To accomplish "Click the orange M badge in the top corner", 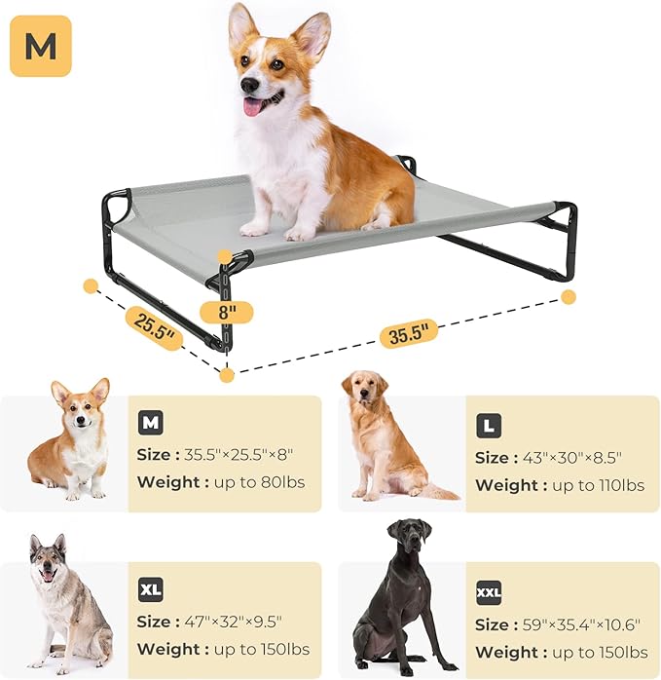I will [40, 46].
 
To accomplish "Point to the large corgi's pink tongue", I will [252, 106].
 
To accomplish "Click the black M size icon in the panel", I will [150, 423].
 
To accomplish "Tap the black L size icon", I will [489, 426].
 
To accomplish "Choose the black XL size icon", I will [150, 590].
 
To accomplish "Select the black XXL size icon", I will [489, 592].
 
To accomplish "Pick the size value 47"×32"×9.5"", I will [238, 622].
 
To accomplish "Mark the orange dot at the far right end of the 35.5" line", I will [569, 296].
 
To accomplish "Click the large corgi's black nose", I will [247, 85].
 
